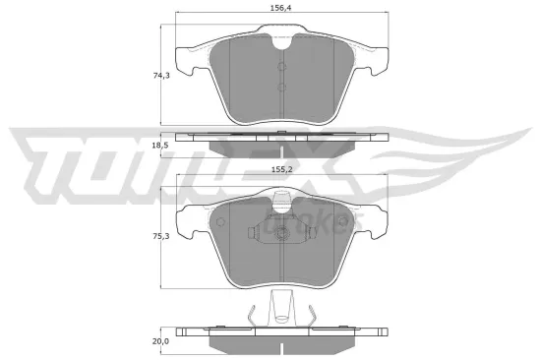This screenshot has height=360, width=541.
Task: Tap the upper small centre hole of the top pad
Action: click(282, 67)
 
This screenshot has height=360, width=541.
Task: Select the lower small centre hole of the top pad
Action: click(282, 88)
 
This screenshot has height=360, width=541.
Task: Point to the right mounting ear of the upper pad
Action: click(377, 62)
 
